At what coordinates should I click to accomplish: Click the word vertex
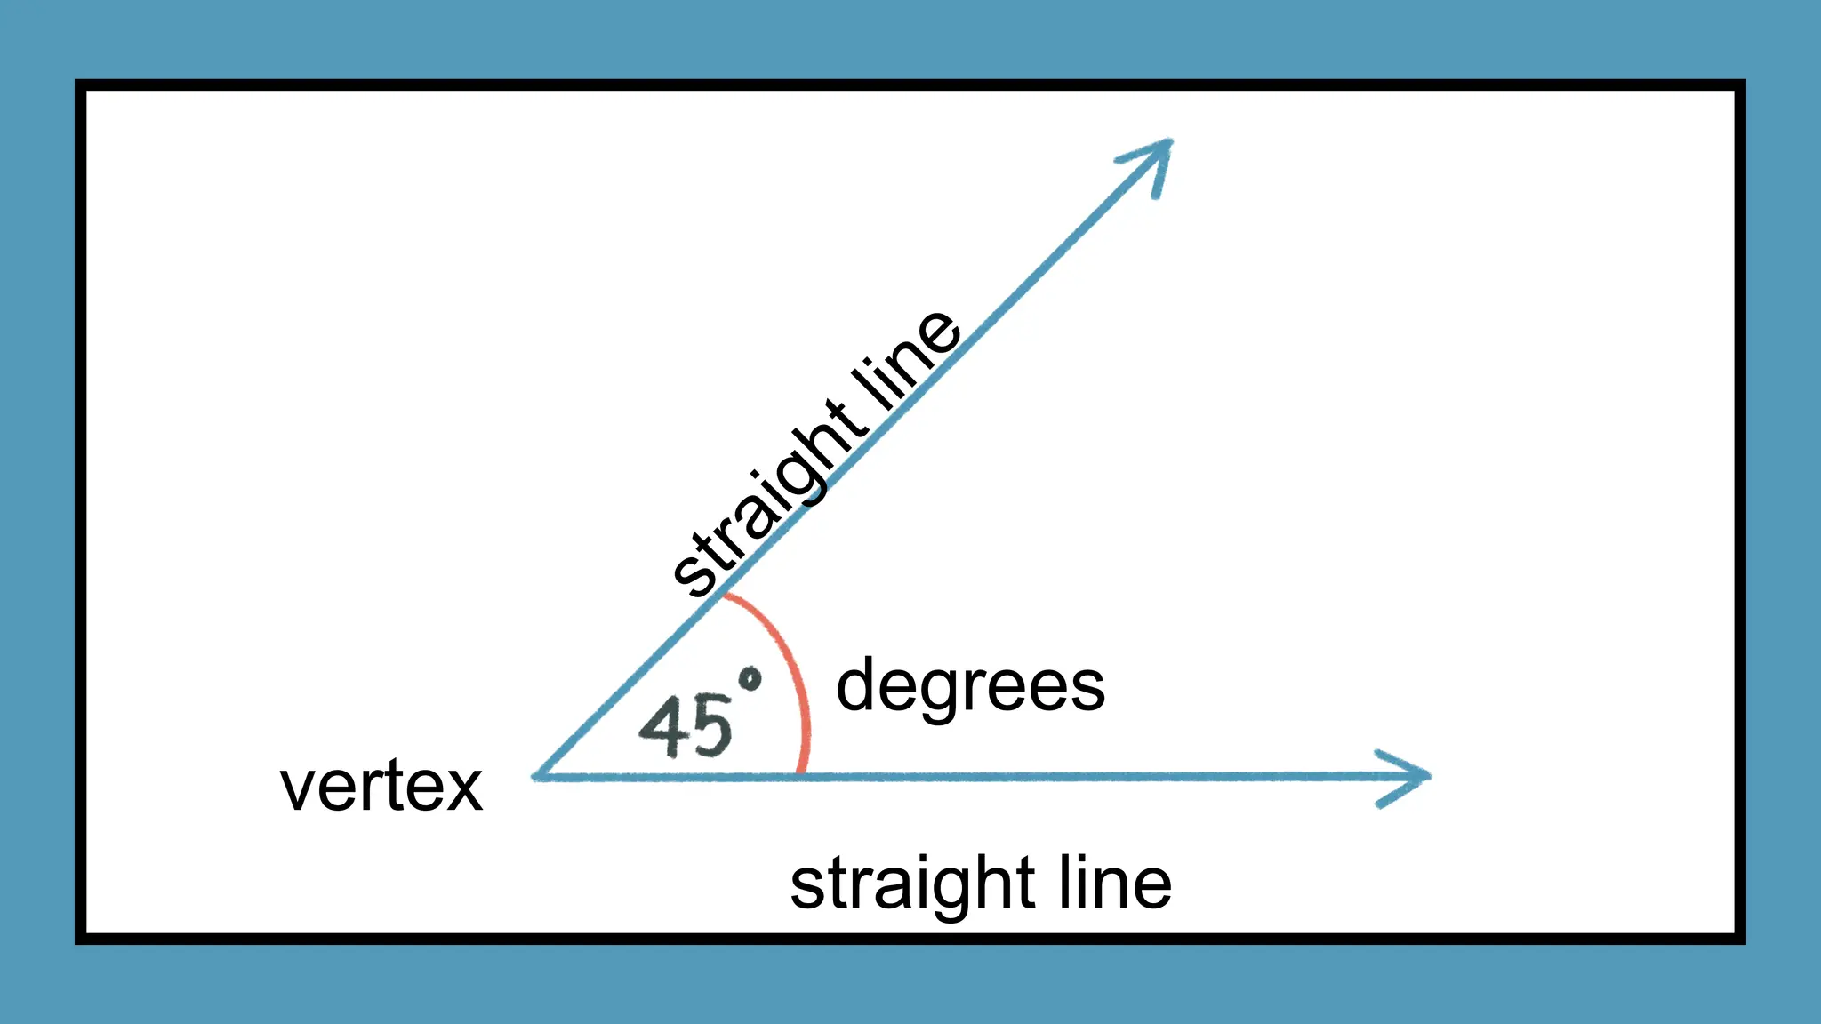click(x=381, y=788)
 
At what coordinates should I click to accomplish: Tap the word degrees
click(x=970, y=687)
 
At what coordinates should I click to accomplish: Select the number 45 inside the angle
click(x=686, y=727)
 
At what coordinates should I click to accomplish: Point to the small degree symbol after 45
click(x=750, y=681)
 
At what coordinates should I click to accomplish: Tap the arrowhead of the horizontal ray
click(x=1414, y=777)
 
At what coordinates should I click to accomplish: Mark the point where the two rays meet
click(x=536, y=777)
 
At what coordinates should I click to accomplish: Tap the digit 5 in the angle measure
click(x=710, y=727)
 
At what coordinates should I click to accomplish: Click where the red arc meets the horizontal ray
click(x=801, y=775)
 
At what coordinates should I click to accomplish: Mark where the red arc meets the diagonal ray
click(x=722, y=596)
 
